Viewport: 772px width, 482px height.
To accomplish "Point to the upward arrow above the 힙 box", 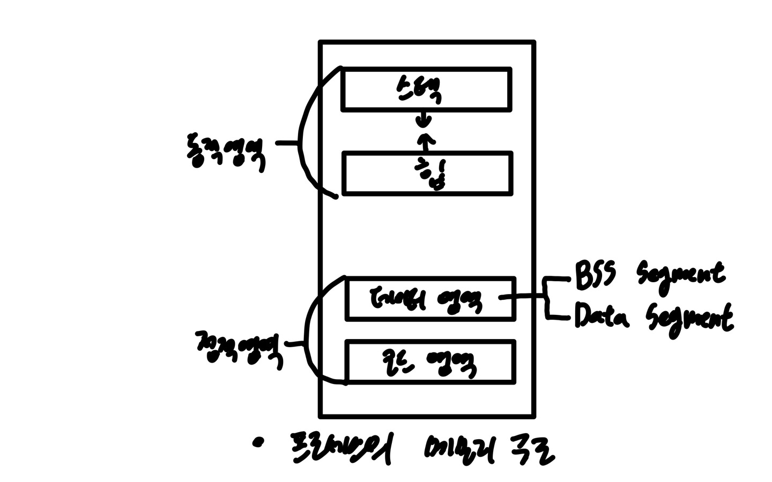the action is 426,141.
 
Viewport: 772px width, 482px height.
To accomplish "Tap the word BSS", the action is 596,274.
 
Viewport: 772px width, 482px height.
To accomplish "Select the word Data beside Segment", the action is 600,316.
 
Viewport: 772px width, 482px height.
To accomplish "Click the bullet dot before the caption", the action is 260,442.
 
